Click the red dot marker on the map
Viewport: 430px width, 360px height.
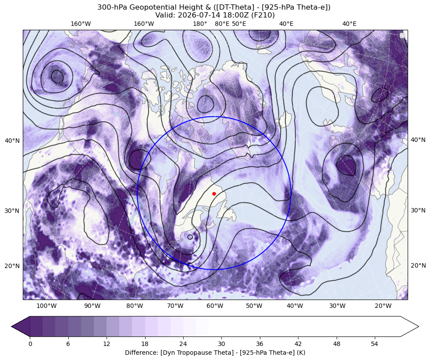point(214,194)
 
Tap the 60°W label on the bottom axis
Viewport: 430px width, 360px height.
point(215,306)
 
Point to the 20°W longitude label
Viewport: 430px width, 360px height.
point(383,306)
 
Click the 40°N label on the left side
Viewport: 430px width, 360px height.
point(12,141)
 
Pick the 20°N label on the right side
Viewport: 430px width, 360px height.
point(418,265)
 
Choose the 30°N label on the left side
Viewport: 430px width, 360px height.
point(12,211)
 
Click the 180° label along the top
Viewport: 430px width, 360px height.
point(200,24)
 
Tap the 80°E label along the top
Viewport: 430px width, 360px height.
point(222,24)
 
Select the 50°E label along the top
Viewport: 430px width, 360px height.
point(239,24)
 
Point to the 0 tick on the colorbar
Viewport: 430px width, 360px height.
point(30,344)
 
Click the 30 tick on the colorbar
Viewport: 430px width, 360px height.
point(221,344)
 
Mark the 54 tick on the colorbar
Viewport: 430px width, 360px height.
point(375,344)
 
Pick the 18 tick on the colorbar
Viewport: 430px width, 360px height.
point(145,344)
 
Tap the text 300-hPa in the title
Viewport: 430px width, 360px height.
point(112,7)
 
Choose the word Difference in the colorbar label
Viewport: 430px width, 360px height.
point(139,352)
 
